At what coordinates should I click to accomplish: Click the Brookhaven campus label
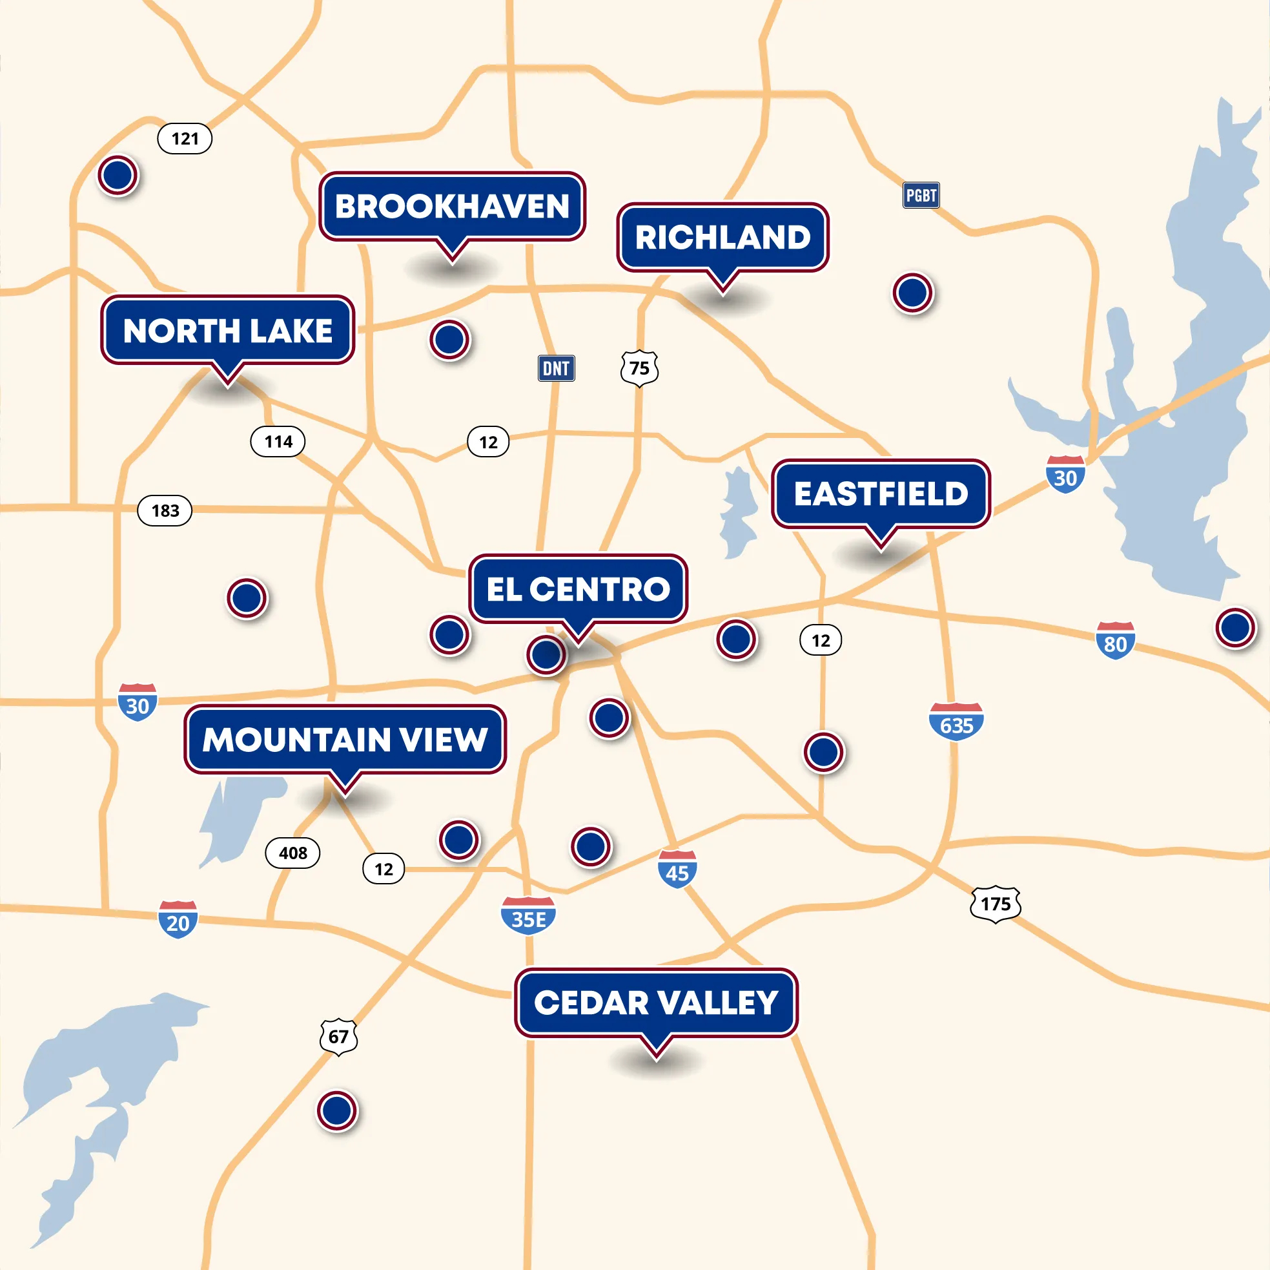tap(452, 207)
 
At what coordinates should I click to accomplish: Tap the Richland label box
tap(722, 238)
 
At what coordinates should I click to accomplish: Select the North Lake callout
tap(227, 330)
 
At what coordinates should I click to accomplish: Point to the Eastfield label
tap(881, 494)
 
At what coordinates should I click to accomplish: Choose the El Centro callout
tap(578, 588)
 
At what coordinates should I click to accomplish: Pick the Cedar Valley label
tap(656, 1003)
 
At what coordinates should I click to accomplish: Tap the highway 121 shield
tap(185, 139)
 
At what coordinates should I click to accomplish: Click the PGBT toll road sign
tap(920, 195)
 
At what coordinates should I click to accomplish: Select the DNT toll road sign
tap(556, 368)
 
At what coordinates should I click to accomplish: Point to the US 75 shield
tap(639, 368)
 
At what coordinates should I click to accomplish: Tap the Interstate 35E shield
tap(528, 915)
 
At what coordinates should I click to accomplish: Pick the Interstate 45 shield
tap(677, 869)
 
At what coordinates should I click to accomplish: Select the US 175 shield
tap(995, 904)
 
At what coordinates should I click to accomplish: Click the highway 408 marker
tap(292, 853)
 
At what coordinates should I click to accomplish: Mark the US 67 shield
tap(338, 1037)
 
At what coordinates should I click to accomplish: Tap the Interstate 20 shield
tap(178, 919)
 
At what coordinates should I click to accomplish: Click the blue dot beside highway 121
tap(118, 175)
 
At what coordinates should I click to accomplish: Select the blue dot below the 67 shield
tap(337, 1110)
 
